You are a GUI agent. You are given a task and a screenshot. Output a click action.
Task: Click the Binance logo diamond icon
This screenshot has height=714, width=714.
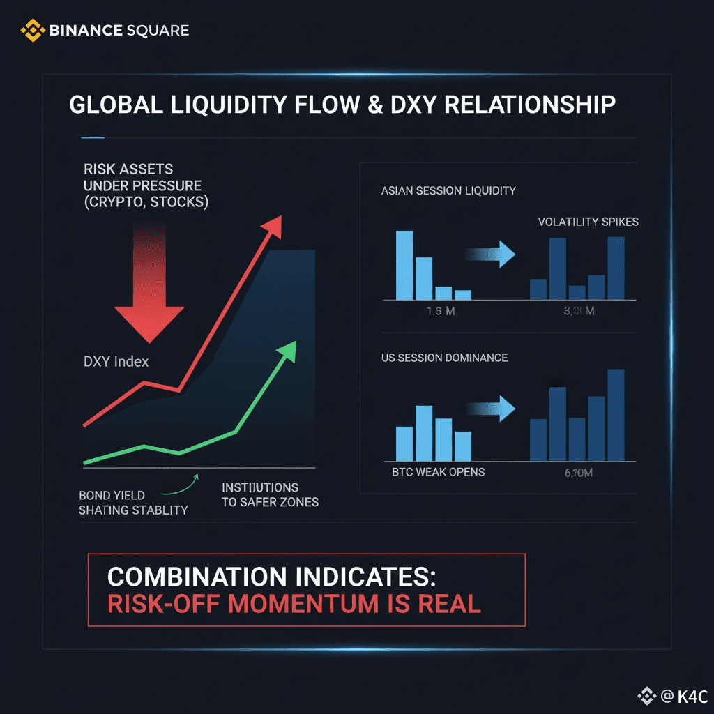tap(32, 30)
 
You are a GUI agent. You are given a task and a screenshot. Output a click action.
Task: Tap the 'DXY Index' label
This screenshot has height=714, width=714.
tap(116, 362)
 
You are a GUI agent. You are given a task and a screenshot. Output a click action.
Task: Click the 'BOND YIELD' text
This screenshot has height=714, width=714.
tap(112, 496)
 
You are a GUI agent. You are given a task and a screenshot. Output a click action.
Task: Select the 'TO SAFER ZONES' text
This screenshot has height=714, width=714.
tap(270, 502)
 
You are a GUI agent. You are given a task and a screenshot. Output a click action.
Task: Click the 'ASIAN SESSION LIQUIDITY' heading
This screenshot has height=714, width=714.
tap(448, 191)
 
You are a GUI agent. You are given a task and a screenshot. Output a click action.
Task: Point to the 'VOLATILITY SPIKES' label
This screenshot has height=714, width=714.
tap(588, 222)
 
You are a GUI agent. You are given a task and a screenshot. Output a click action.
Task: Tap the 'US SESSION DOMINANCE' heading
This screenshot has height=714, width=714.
tap(444, 358)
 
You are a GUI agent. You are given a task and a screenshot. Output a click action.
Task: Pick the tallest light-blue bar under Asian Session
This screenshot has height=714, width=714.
tap(404, 265)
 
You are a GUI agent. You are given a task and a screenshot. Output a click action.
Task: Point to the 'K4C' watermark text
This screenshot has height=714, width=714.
tap(692, 696)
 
